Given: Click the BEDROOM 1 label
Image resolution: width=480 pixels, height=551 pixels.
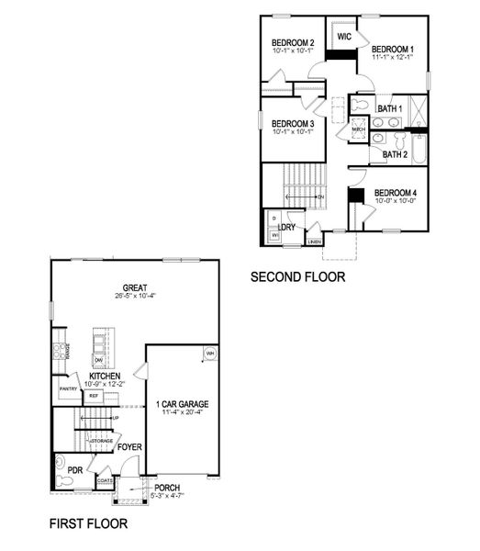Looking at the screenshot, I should pos(393,48).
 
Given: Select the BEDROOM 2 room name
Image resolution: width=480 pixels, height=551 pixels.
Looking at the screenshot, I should pos(294,42).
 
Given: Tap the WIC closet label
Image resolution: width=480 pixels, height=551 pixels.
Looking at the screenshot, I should pos(345,37).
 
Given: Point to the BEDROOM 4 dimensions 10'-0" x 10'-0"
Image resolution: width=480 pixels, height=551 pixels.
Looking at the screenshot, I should pos(396,200).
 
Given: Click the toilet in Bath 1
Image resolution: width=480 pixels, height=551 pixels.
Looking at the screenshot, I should pos(361,105).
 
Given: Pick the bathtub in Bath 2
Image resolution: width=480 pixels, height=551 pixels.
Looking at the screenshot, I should pos(418,144).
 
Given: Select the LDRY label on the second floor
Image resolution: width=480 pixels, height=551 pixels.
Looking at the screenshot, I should pos(286,225).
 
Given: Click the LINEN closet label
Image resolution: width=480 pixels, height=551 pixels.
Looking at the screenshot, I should pos(315,242).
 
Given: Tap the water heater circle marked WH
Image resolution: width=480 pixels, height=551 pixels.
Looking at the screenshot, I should pos(210,353).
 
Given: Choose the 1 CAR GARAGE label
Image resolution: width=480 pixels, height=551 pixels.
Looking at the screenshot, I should pos(182,404).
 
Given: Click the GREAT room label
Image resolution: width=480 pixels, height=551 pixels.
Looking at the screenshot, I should pos(136,286).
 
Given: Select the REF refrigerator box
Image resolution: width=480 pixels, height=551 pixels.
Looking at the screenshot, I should pos(93,396).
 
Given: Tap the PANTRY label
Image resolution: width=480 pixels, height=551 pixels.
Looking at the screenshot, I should pos(68,389).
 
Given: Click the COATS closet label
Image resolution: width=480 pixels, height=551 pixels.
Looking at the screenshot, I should pos(104,479).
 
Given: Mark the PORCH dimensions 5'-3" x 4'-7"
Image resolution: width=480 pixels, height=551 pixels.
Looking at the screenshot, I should pos(167,497).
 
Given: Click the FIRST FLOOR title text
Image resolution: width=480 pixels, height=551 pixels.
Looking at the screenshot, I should pos(88,524).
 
